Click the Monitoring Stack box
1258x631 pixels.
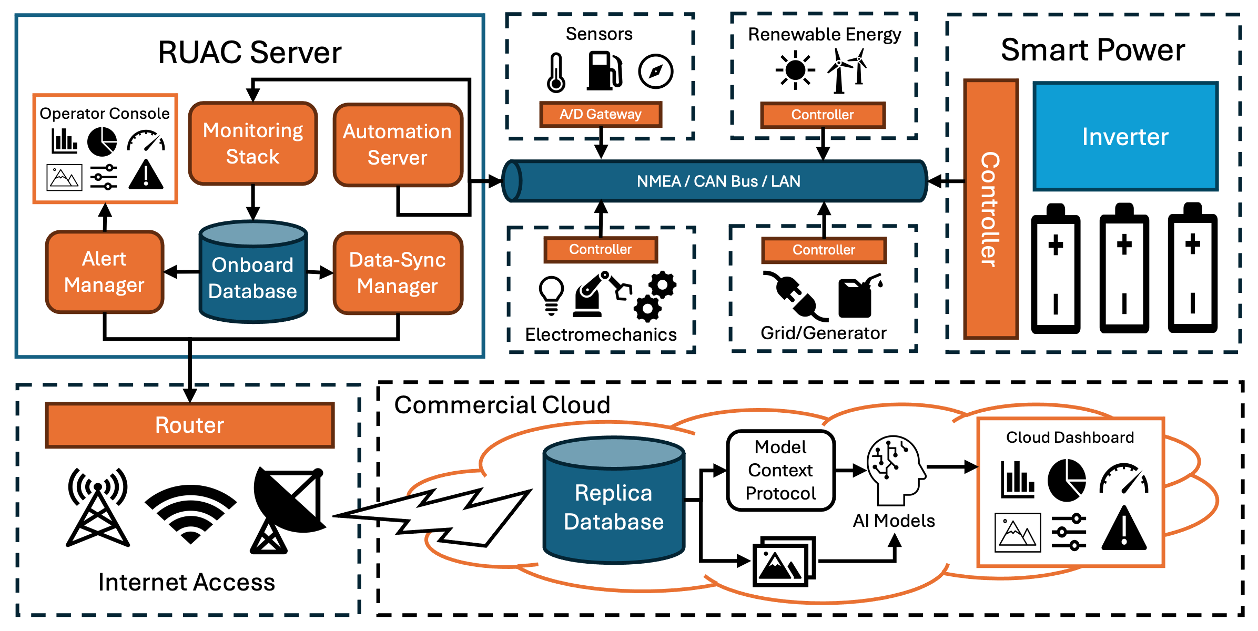[x=253, y=143]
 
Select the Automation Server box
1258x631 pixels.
[x=398, y=145]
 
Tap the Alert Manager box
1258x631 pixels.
[x=105, y=272]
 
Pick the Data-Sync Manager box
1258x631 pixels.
[x=398, y=273]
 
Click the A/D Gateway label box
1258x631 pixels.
[x=601, y=114]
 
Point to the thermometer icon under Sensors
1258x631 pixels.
[x=556, y=73]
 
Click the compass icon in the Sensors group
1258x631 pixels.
[x=655, y=71]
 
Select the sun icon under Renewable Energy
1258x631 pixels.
[x=795, y=70]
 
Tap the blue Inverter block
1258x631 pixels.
[x=1125, y=136]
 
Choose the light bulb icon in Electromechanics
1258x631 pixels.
[x=551, y=294]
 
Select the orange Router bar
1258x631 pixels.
[x=190, y=425]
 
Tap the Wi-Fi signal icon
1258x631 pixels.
[x=190, y=513]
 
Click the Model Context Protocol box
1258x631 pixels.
[x=781, y=470]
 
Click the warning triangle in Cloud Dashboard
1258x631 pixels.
[x=1124, y=529]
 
